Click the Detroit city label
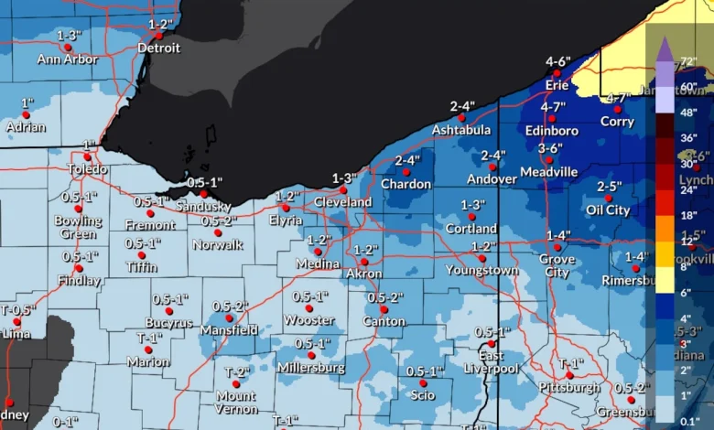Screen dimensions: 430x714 (x=158, y=48)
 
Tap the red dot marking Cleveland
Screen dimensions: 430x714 (x=343, y=190)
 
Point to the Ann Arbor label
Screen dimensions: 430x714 (x=68, y=59)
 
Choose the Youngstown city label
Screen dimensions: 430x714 (x=481, y=270)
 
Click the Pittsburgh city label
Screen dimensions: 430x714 (x=569, y=388)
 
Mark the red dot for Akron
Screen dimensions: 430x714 (x=364, y=262)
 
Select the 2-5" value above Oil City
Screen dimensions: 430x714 (x=610, y=187)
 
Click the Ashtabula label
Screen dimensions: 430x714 (x=461, y=130)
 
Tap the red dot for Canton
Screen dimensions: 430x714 (x=384, y=309)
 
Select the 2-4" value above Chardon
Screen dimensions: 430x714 (x=407, y=160)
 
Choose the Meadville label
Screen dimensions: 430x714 (x=548, y=171)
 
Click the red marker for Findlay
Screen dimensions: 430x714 (x=80, y=268)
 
